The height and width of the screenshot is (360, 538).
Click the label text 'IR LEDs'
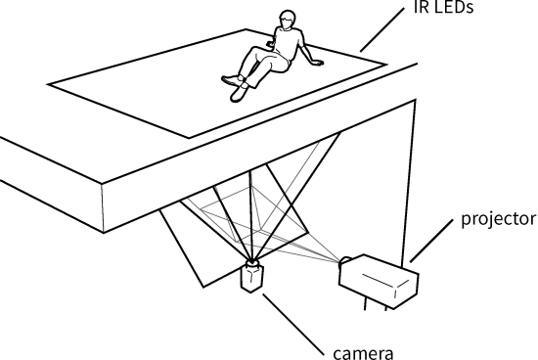tap(444, 7)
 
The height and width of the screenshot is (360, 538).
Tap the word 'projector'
tap(498, 219)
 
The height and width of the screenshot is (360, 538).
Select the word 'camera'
tap(363, 353)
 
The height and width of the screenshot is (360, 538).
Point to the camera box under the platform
tap(251, 277)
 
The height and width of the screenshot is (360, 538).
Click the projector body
tap(380, 282)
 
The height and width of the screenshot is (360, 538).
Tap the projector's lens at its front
tap(345, 262)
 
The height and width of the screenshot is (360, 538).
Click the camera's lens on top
tap(252, 263)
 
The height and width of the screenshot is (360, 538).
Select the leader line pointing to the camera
tap(293, 325)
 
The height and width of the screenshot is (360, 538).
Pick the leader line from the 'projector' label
tap(431, 242)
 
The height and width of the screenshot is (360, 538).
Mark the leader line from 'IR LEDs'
tap(382, 29)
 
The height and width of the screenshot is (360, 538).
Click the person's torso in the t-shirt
tap(288, 44)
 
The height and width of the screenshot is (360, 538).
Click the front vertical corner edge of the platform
tap(103, 207)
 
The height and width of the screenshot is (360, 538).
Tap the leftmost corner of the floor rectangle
tap(47, 84)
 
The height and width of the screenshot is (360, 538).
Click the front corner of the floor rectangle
tap(189, 138)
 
